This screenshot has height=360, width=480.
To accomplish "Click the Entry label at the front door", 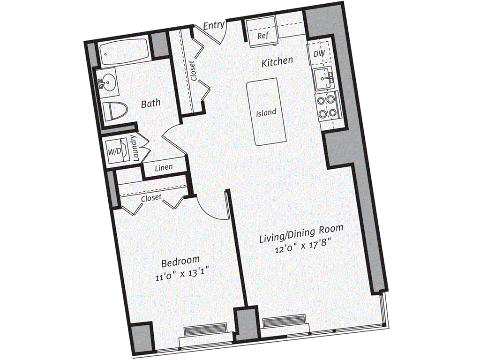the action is click(x=214, y=25).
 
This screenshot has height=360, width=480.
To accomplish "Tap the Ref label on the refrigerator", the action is click(x=263, y=36).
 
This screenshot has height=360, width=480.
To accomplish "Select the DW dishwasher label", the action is click(x=319, y=53).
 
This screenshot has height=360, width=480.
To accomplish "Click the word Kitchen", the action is click(x=277, y=61).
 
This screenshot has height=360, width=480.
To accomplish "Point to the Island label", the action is click(x=266, y=112).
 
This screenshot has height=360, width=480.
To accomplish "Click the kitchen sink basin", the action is click(x=324, y=78).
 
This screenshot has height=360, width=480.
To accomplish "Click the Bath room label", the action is click(x=150, y=104).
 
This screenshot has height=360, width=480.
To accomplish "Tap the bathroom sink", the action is click(x=107, y=82).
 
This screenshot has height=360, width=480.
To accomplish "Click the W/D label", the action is click(x=114, y=151).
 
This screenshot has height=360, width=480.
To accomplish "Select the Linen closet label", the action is click(x=164, y=167).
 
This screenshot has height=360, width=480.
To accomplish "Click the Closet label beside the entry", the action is click(x=193, y=71).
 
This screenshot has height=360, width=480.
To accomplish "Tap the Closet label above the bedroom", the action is click(x=151, y=198).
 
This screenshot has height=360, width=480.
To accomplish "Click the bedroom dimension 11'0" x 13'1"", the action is click(x=182, y=273).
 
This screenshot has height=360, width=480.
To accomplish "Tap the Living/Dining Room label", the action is click(x=301, y=233).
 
